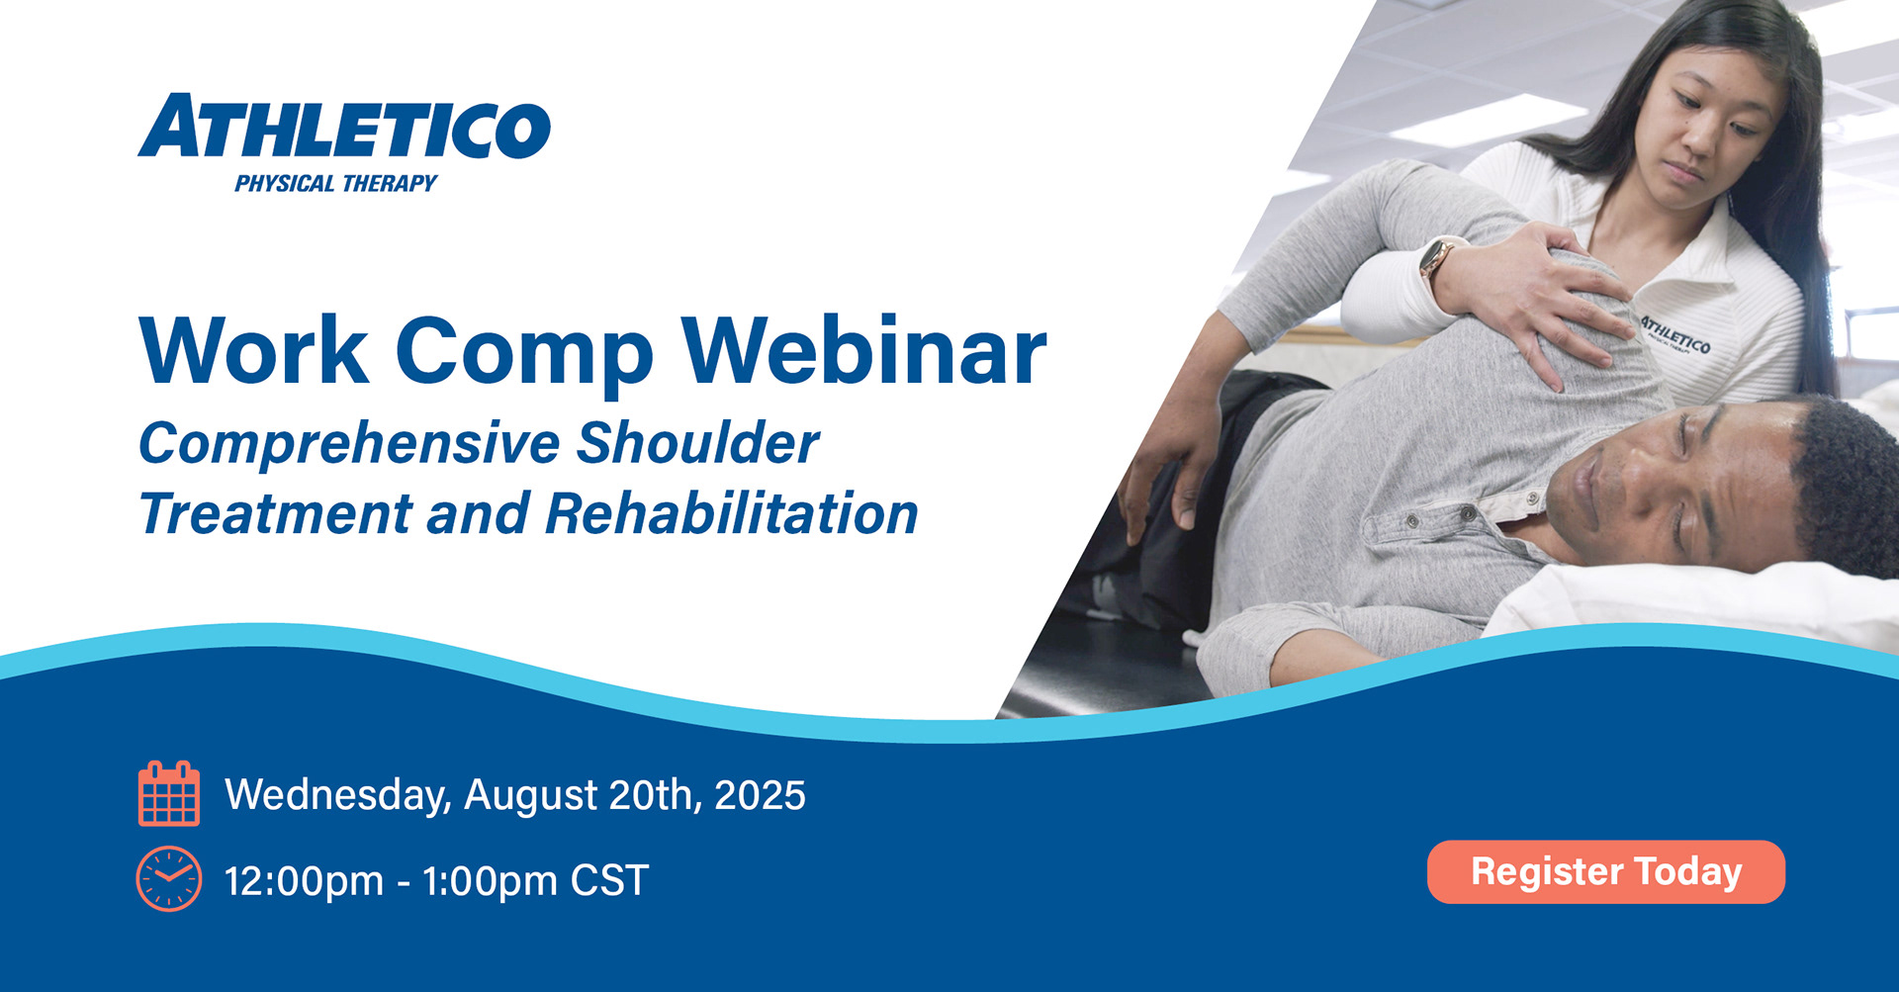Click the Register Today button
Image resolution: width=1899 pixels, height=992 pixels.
click(1605, 871)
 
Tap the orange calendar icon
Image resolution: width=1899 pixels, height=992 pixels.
click(169, 793)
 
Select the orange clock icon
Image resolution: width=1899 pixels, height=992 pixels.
click(169, 878)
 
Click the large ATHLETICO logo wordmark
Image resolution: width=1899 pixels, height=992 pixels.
click(344, 127)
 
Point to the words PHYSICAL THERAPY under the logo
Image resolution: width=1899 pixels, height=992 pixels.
click(335, 183)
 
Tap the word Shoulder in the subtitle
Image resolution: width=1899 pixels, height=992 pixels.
click(697, 442)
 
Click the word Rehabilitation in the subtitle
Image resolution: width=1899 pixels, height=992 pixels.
click(732, 513)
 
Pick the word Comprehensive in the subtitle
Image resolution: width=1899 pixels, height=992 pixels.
click(349, 444)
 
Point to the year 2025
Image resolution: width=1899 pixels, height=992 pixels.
click(760, 795)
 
